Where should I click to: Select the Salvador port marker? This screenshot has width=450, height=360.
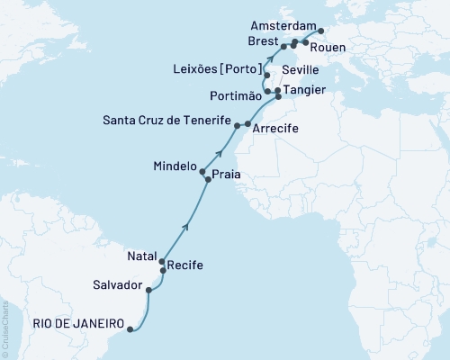(148, 290)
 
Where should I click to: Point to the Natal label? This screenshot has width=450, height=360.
(141, 256)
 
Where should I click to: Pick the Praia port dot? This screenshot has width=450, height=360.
(209, 180)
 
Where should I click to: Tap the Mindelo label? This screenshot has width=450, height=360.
(175, 166)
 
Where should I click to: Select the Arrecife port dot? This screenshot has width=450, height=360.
(247, 123)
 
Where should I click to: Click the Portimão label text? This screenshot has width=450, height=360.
(234, 96)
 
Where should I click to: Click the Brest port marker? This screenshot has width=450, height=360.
(283, 46)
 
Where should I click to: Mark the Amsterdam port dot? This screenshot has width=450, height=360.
(321, 31)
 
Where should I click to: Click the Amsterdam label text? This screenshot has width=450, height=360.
(280, 26)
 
